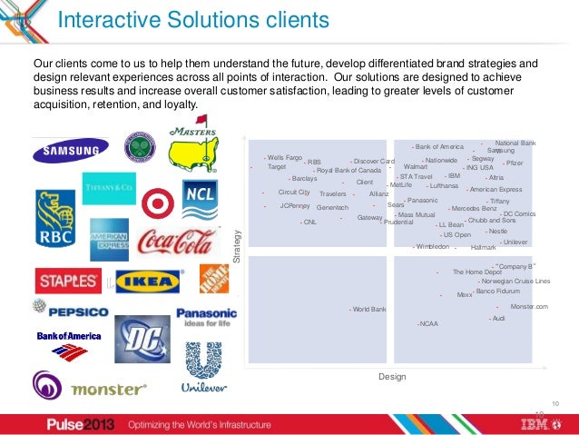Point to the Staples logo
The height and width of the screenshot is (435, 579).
tap(68, 280)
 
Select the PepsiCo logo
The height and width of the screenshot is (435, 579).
tap(71, 311)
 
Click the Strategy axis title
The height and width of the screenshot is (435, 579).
tap(239, 246)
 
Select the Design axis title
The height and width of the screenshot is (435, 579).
tap(391, 376)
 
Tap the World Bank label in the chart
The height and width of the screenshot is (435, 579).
tap(368, 310)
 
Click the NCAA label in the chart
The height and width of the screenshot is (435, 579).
tap(428, 323)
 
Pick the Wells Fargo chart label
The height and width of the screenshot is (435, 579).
tap(284, 157)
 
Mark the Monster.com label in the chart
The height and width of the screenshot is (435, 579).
tap(529, 307)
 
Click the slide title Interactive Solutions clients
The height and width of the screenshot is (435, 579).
tap(193, 21)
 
